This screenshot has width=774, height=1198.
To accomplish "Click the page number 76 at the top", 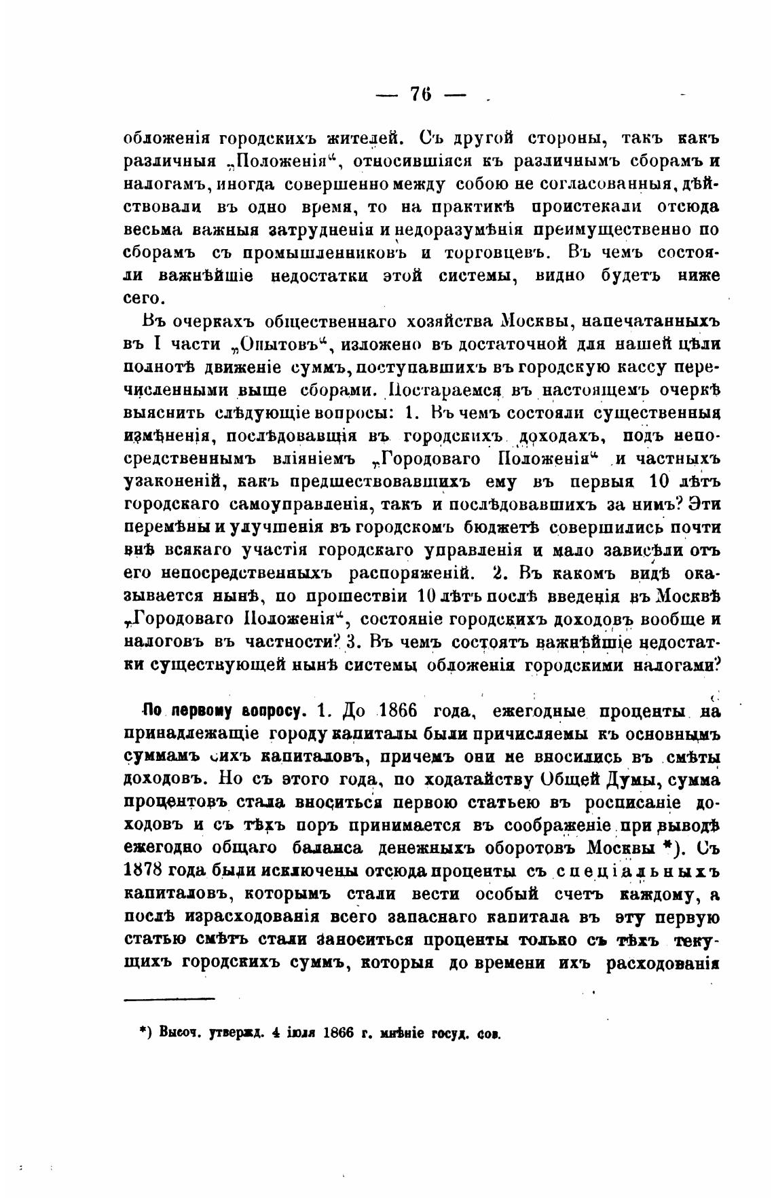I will coord(421,94).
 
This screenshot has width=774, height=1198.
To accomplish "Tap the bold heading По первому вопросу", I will coord(225,711).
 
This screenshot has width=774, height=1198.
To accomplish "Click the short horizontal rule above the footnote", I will coord(169,998).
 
